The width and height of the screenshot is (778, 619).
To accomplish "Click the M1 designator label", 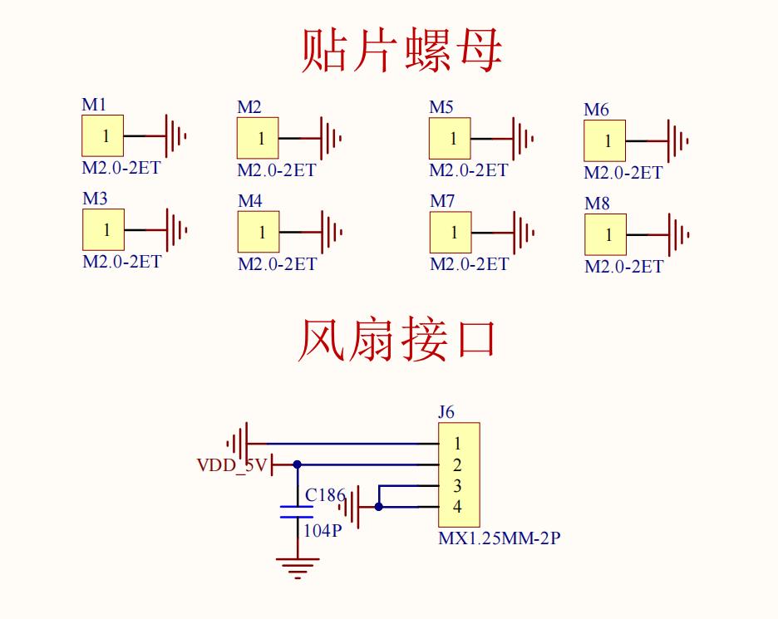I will coord(94,105).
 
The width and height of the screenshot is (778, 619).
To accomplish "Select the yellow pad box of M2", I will coord(258,138).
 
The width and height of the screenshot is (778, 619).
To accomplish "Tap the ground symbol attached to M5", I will coord(523,138).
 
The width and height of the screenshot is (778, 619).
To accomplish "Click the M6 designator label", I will coord(596,110).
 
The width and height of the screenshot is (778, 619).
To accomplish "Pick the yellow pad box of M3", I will coord(103,229).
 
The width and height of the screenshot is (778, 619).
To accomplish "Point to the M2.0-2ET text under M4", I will coord(277,264).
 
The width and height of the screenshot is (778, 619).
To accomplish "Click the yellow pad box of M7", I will coord(451,232).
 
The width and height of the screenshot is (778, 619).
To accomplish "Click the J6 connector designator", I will coord(446,411).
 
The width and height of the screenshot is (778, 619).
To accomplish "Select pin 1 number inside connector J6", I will coord(457,445).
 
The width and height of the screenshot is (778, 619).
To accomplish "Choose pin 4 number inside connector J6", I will coord(457,507).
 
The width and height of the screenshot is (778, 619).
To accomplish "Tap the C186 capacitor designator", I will coord(325,495).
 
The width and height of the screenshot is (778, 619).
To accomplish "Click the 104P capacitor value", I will coord(323,529).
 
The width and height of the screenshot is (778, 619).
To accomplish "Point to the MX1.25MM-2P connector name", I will coord(499,538).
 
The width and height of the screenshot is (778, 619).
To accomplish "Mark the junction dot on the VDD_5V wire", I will coord(298,465).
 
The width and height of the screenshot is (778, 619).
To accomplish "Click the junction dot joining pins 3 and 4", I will coord(379,506).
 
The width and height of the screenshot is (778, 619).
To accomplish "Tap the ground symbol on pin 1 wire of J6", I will coord(239,443).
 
